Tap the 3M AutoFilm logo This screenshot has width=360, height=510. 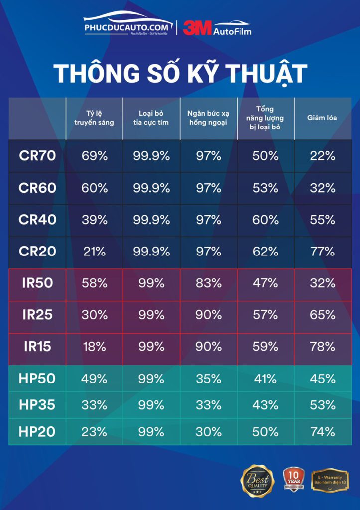217,28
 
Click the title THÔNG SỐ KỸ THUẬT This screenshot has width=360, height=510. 180,73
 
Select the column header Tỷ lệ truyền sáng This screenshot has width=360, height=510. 95,118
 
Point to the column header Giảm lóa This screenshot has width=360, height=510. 322,118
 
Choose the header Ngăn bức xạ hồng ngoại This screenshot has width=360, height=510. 208,118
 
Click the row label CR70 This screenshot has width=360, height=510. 37,156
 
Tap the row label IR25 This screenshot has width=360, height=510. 37,315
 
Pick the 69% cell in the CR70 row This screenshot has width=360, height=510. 95,156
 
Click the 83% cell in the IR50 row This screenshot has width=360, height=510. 208,283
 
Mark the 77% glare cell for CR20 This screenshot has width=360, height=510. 322,252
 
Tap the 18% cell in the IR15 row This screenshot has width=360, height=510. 95,347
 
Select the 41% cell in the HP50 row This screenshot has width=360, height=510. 265,379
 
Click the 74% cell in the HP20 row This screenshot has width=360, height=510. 322,432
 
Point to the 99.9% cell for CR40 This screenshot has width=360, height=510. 151,220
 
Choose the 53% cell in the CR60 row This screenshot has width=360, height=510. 265,188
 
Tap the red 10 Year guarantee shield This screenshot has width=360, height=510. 293,480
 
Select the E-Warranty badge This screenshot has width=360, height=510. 330,480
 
